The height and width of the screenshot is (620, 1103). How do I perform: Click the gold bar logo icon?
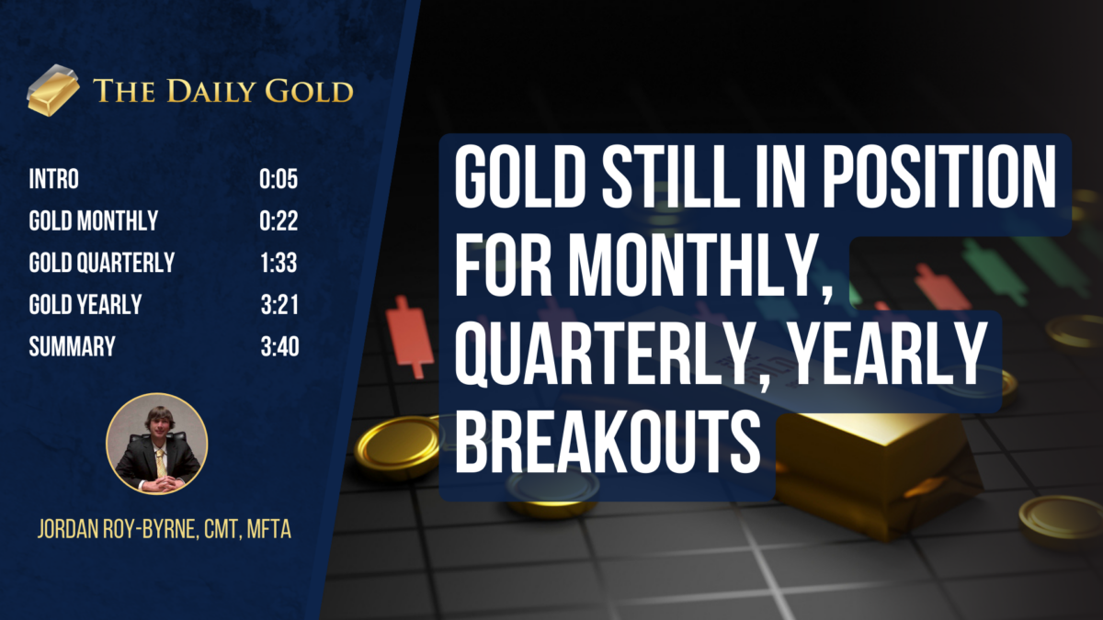point(53,89)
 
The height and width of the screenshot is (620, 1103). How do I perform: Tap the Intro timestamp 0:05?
point(279,179)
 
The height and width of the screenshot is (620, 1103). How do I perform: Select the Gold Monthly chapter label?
point(93,221)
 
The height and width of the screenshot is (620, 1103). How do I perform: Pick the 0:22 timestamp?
point(279,221)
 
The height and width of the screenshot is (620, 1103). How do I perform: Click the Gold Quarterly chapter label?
point(101,264)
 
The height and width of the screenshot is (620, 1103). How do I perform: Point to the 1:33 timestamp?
point(279,264)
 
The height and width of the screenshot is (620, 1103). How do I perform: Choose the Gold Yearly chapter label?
point(85,305)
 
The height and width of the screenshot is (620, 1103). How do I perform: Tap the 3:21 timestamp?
point(279,305)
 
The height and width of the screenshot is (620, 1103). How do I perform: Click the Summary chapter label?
point(72,347)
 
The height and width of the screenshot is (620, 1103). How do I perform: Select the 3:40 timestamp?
point(279,347)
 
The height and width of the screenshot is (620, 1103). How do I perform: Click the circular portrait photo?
point(157,444)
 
